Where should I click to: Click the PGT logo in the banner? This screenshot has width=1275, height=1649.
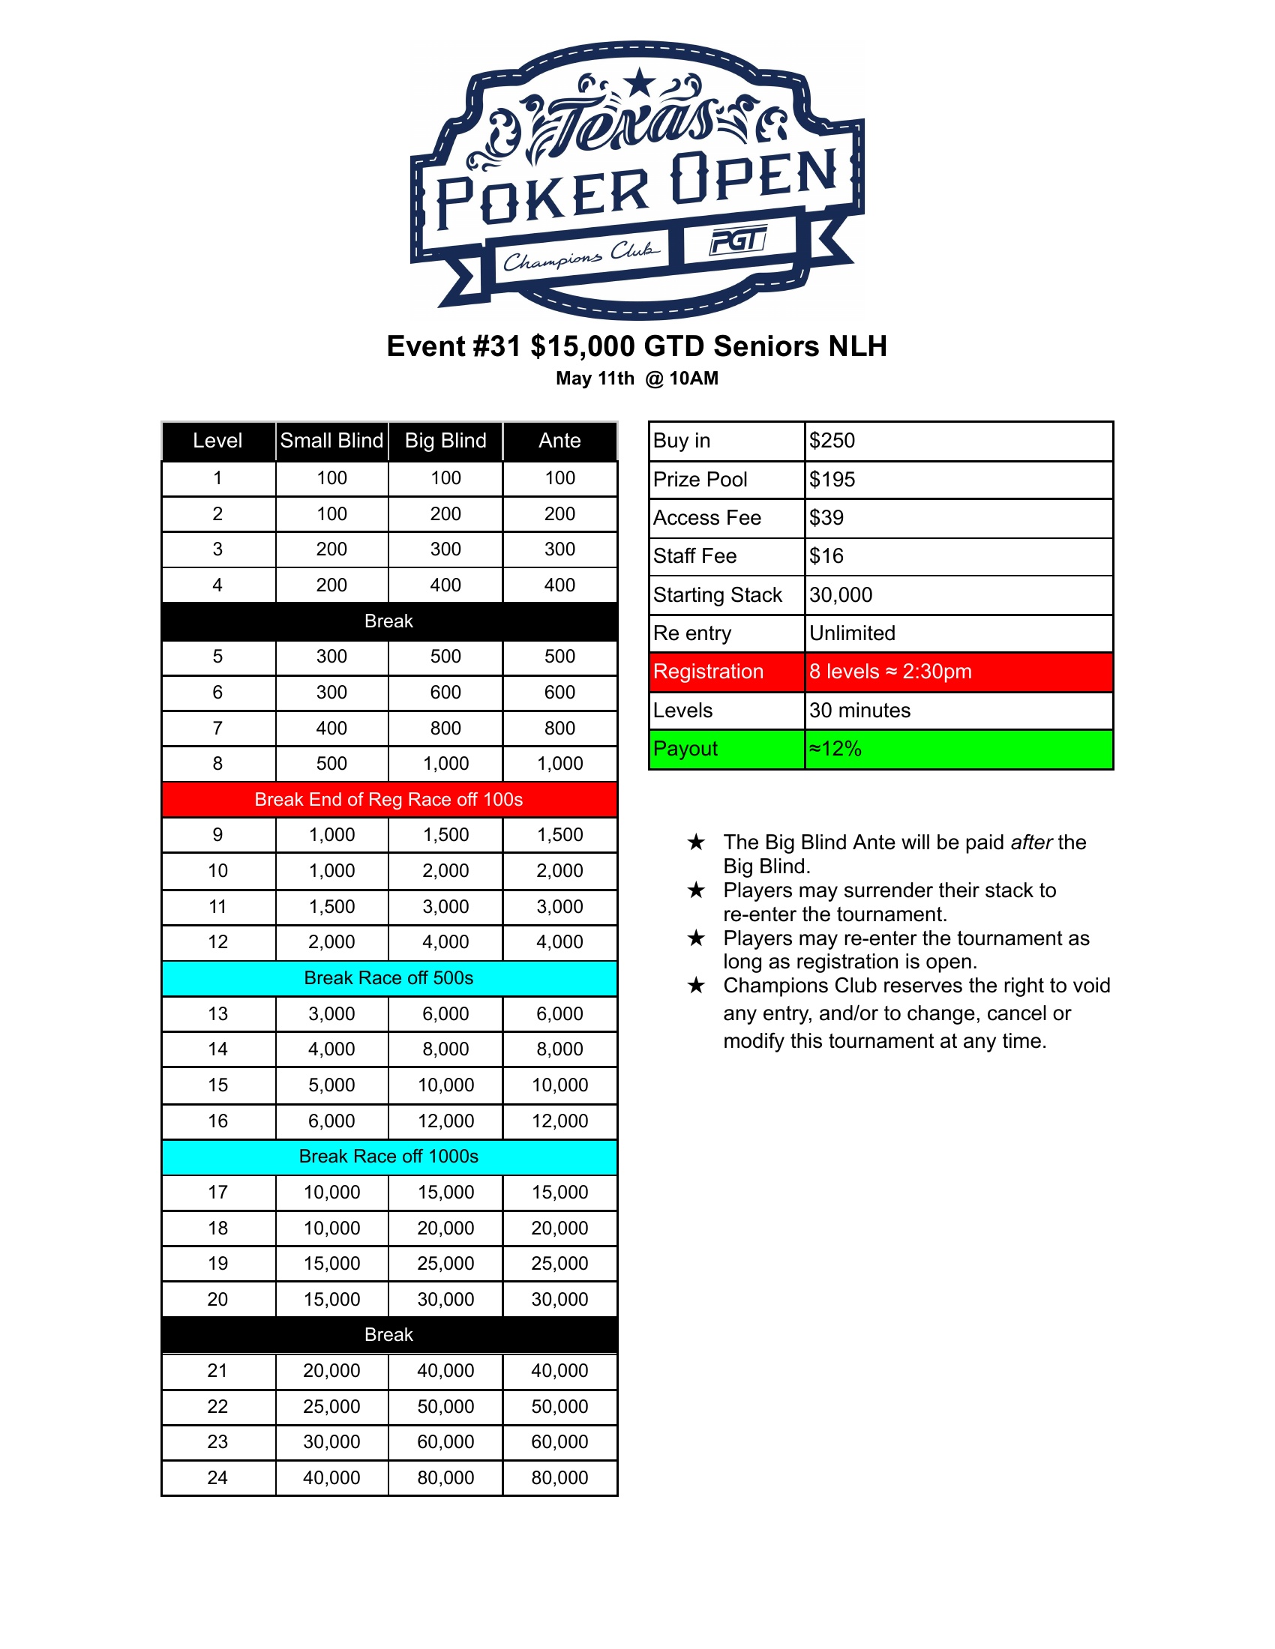pos(738,241)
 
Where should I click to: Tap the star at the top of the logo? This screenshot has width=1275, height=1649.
pos(640,82)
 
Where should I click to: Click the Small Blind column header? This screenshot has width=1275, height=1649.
pos(331,440)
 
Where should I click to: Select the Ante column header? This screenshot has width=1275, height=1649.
pos(559,440)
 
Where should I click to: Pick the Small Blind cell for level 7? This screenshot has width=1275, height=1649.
pos(331,728)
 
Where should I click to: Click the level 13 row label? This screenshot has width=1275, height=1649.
pos(217,1013)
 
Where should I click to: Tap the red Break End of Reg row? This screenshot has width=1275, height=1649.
pos(388,799)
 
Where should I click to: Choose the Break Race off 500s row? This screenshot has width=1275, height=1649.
pos(388,977)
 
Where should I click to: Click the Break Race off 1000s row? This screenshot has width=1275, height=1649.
pos(388,1156)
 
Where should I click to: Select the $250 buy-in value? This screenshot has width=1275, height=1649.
pos(832,440)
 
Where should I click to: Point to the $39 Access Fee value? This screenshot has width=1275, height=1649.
pos(826,517)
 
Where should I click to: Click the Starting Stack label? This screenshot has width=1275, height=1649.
pos(717,595)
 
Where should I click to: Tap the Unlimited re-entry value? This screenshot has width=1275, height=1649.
pos(852,633)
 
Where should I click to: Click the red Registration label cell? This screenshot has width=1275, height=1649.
pos(709,672)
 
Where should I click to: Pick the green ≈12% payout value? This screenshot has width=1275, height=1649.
pos(835,748)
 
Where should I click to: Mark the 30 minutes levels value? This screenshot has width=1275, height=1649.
pos(859,710)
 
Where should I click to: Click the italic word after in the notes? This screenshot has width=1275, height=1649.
pos(1031,842)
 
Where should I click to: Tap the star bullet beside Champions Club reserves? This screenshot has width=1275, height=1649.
pos(696,986)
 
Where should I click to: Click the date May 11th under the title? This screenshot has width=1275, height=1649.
pos(595,379)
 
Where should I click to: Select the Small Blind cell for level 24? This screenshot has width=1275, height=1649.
pos(331,1477)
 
